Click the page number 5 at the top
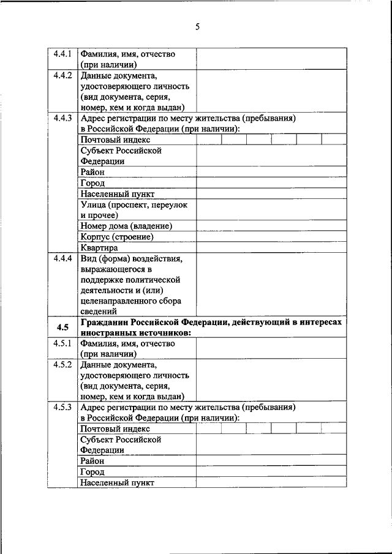pyautogui.click(x=197, y=26)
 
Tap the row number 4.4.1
pyautogui.click(x=63, y=54)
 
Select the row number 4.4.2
pyautogui.click(x=63, y=76)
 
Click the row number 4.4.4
pyautogui.click(x=63, y=258)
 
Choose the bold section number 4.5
pyautogui.click(x=62, y=327)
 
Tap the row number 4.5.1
pyautogui.click(x=63, y=343)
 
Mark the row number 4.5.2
pyautogui.click(x=63, y=365)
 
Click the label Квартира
pyautogui.click(x=99, y=248)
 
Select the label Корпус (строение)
pyautogui.click(x=116, y=237)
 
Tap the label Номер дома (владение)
pyautogui.click(x=126, y=226)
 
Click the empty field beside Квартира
pyautogui.click(x=271, y=248)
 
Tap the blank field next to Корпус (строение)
pyautogui.click(x=271, y=237)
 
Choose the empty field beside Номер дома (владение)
pyautogui.click(x=271, y=226)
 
